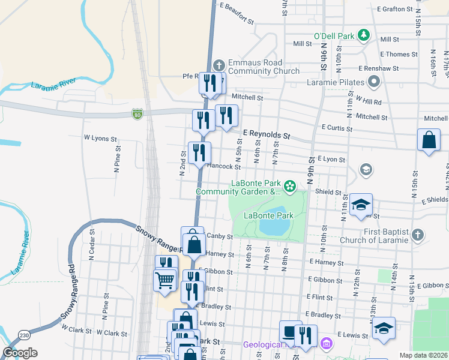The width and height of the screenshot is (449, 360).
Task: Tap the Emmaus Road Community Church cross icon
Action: click(x=219, y=65)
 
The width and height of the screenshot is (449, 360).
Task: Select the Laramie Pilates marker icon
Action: click(x=375, y=82)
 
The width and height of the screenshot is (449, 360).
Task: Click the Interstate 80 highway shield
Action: click(x=138, y=113)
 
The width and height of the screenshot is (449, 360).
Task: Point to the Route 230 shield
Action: click(x=23, y=335)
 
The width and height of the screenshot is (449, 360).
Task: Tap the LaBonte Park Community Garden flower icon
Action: click(x=290, y=187)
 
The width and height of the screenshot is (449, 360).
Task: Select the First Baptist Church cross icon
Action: click(x=418, y=235)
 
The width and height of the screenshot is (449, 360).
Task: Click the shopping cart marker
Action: click(x=164, y=279)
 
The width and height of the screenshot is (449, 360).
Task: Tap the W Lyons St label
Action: click(x=100, y=139)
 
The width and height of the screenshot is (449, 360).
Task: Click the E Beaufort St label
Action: click(x=237, y=13)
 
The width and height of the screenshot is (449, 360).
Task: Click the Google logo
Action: click(x=20, y=353)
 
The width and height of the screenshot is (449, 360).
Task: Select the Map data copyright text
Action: click(x=423, y=355)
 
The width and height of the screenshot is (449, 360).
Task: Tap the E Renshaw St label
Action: click(x=379, y=69)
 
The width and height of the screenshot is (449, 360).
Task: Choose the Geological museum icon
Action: click(x=326, y=344)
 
